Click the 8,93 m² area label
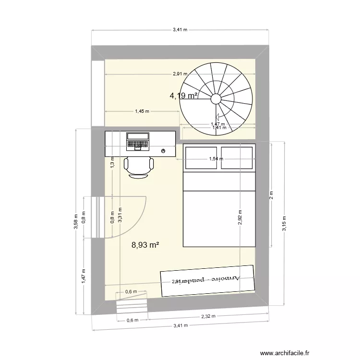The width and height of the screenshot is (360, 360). click(x=145, y=245)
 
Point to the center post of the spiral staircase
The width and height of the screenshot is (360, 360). click(x=216, y=99)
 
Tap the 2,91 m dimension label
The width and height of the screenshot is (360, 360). click(x=180, y=74)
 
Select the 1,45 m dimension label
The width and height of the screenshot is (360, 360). click(x=142, y=111)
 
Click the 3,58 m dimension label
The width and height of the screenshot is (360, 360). click(x=75, y=221)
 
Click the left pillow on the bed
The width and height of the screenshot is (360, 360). click(x=201, y=158)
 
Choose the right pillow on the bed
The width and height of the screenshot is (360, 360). click(x=237, y=158)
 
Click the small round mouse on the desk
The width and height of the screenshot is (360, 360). click(x=164, y=151)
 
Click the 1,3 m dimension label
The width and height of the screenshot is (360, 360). click(x=112, y=162)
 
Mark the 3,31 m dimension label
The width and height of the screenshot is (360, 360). click(x=120, y=215)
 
